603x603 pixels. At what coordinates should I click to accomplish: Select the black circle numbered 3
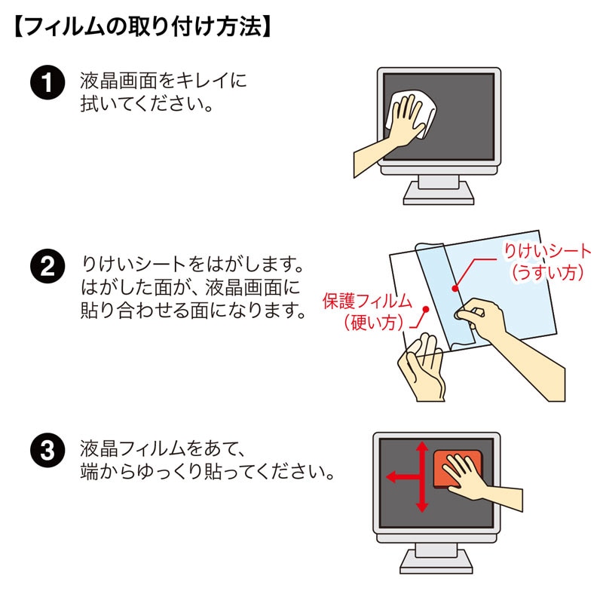[x=46, y=452]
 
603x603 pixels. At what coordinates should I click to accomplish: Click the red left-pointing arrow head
[x=391, y=476]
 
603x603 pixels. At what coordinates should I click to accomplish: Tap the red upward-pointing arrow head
[x=422, y=447]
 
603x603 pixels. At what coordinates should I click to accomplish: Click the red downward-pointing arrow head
[x=422, y=507]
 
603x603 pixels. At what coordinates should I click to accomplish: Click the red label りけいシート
[x=548, y=252]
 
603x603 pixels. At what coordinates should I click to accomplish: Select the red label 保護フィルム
[x=367, y=301]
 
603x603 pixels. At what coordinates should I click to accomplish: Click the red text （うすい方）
[x=548, y=273]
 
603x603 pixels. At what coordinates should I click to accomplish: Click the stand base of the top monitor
[x=438, y=195]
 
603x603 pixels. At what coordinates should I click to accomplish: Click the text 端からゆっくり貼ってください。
[x=207, y=473]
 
